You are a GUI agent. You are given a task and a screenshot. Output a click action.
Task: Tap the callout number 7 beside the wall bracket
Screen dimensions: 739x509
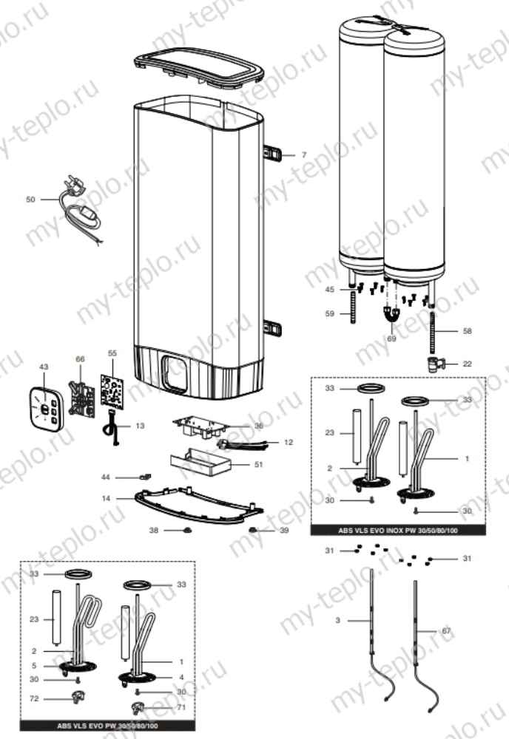[303, 155]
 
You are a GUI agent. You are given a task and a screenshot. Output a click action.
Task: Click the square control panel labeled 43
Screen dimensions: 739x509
[45, 408]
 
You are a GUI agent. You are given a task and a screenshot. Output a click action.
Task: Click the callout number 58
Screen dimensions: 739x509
[467, 332]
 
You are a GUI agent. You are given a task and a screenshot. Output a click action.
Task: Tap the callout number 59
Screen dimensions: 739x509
[330, 313]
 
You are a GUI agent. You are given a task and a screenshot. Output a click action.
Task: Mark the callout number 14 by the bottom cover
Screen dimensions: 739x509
[107, 499]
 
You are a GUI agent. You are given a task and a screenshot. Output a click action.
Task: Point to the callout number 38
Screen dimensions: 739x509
[153, 531]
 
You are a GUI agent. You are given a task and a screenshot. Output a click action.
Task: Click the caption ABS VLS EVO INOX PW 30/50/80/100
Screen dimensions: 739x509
[397, 531]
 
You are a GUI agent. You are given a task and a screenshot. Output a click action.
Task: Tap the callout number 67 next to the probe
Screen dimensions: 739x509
[445, 630]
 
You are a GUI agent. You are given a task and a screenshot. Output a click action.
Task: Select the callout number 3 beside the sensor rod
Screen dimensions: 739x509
[337, 621]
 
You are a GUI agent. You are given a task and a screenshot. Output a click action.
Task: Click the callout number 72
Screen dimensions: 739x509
[34, 698]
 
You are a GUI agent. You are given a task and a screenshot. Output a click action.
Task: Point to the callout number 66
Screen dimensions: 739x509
[81, 358]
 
